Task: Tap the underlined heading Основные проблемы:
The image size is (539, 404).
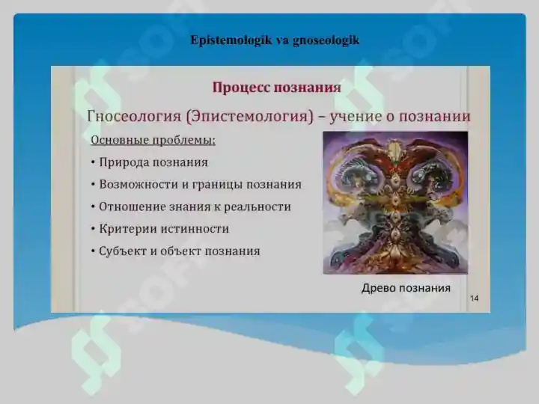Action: point(153,140)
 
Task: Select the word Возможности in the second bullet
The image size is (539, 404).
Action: point(138,184)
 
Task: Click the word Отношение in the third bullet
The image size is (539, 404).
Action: point(132,206)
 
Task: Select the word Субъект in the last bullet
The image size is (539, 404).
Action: point(124,251)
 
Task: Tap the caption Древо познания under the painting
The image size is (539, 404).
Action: point(406,288)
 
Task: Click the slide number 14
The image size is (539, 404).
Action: point(474,299)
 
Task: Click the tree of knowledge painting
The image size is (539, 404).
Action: point(395,202)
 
